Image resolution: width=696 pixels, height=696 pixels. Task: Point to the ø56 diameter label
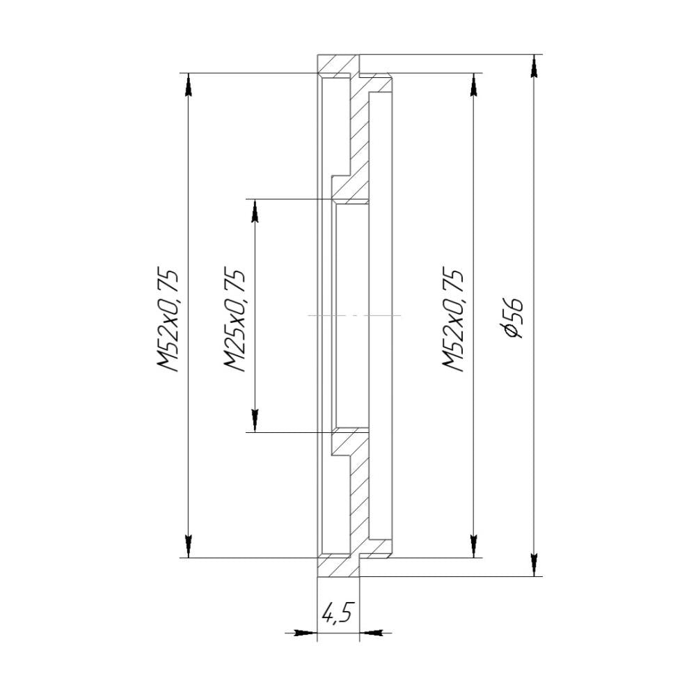[x=514, y=317]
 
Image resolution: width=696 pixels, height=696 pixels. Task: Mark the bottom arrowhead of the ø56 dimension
[x=534, y=564]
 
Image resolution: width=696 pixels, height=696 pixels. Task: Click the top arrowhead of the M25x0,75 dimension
[x=255, y=210]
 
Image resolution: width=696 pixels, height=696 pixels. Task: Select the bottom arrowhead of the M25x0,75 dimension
[x=255, y=420]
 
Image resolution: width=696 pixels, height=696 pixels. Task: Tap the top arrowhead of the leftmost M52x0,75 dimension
[x=188, y=85]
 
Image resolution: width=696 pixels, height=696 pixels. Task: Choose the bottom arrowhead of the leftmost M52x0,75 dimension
[x=188, y=545]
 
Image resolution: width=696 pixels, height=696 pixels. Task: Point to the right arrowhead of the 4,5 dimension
[x=372, y=633]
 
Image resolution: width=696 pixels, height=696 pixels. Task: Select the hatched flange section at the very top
[x=338, y=65]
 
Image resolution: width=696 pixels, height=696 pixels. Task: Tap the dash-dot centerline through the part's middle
[x=355, y=315]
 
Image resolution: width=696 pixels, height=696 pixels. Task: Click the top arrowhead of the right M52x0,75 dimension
[x=474, y=85]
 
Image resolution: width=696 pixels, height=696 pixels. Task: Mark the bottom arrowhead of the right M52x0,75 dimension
[x=474, y=545]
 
